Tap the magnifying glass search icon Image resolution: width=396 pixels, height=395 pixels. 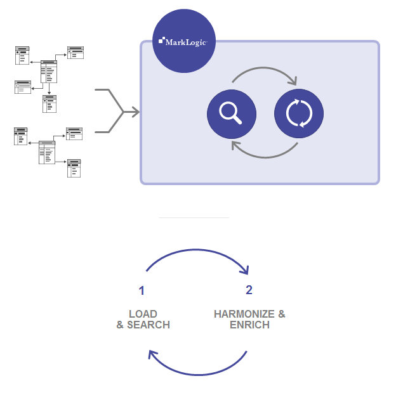tap(232, 113)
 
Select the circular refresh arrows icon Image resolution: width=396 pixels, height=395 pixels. tap(299, 113)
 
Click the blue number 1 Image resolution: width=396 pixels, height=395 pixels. tap(142, 291)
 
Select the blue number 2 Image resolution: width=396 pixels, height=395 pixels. tap(249, 290)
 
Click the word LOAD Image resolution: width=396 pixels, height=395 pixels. tap(143, 314)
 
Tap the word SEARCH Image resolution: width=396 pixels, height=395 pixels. tap(148, 325)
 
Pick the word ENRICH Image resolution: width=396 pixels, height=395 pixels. tap(249, 325)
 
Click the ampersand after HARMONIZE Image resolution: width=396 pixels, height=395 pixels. tap(281, 314)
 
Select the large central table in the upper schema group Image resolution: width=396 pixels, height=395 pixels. tap(49, 71)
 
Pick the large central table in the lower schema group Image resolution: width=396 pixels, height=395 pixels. tap(47, 152)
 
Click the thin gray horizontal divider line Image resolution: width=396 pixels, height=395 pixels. tap(194, 217)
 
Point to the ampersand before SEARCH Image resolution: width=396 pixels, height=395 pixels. tap(120, 325)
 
